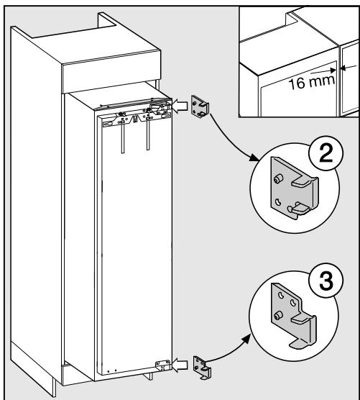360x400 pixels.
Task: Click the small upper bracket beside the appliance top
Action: [203, 106]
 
